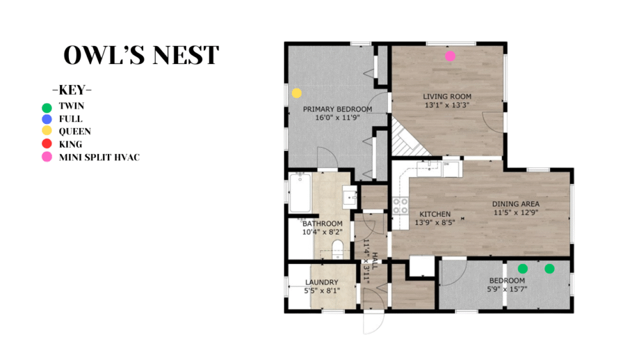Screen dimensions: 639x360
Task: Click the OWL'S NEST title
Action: tap(141, 55)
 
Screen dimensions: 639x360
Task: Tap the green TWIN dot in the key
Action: tap(47, 107)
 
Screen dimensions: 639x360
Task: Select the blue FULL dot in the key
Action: tap(47, 119)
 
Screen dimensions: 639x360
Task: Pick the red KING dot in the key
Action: tap(47, 143)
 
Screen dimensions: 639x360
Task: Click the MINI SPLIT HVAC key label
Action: tap(100, 157)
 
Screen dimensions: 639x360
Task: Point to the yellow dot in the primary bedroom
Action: tap(296, 93)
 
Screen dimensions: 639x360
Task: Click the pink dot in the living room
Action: tap(450, 56)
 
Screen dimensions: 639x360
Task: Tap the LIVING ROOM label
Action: tap(447, 97)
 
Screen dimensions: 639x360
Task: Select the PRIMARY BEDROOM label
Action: tap(337, 109)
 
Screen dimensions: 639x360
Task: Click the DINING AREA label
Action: tap(516, 204)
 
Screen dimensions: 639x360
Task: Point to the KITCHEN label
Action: tap(435, 214)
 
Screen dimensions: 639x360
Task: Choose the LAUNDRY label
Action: tap(321, 282)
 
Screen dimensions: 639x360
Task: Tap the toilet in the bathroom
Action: tap(337, 249)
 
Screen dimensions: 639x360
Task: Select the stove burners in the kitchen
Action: tap(400, 206)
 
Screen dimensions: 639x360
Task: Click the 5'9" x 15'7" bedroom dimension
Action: tap(507, 289)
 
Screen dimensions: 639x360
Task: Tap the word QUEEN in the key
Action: tap(75, 131)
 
